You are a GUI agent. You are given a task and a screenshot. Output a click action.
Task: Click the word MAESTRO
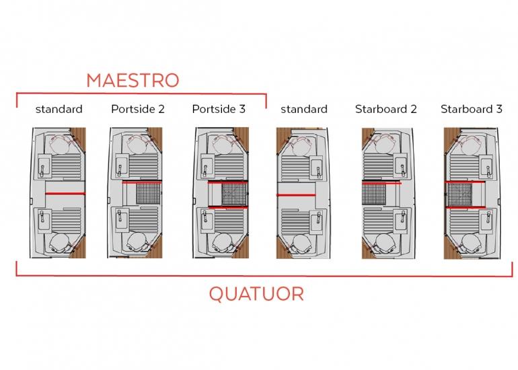tap(133, 80)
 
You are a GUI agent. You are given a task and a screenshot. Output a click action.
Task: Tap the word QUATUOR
tap(256, 294)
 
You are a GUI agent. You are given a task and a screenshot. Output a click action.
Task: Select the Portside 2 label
tap(138, 109)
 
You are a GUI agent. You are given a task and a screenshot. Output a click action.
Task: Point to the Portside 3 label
tap(219, 109)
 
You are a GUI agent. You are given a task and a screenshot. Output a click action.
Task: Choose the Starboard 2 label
tap(386, 109)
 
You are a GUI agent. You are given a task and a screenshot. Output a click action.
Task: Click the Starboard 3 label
tap(472, 109)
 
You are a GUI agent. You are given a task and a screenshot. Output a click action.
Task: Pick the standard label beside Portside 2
tap(59, 110)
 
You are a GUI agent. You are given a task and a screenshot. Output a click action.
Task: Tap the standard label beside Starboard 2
tap(304, 110)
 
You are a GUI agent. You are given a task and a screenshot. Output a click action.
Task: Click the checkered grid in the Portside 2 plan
tap(148, 194)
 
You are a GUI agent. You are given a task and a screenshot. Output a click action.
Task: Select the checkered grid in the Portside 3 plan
tap(234, 194)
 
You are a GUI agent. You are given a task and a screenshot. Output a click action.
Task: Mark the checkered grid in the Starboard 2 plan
tap(374, 194)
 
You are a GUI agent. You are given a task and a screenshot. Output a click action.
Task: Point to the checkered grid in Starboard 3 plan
tap(460, 194)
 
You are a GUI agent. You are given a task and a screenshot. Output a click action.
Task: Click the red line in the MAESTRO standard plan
tap(65, 194)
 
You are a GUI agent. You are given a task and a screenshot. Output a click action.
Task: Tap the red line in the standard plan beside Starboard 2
tap(296, 195)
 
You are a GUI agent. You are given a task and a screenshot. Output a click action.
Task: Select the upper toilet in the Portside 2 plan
tap(137, 145)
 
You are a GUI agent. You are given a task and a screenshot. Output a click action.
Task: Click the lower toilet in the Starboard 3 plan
tap(471, 243)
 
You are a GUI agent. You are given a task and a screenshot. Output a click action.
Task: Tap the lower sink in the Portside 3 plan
tap(206, 219)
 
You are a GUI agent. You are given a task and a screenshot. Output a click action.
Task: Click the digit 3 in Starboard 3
tap(499, 109)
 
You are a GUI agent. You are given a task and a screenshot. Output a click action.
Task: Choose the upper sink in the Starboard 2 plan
tap(402, 167)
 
